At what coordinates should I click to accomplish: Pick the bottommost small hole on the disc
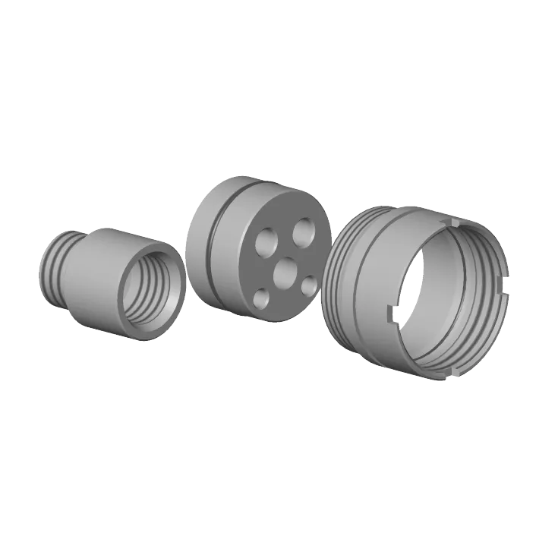[261, 298]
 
